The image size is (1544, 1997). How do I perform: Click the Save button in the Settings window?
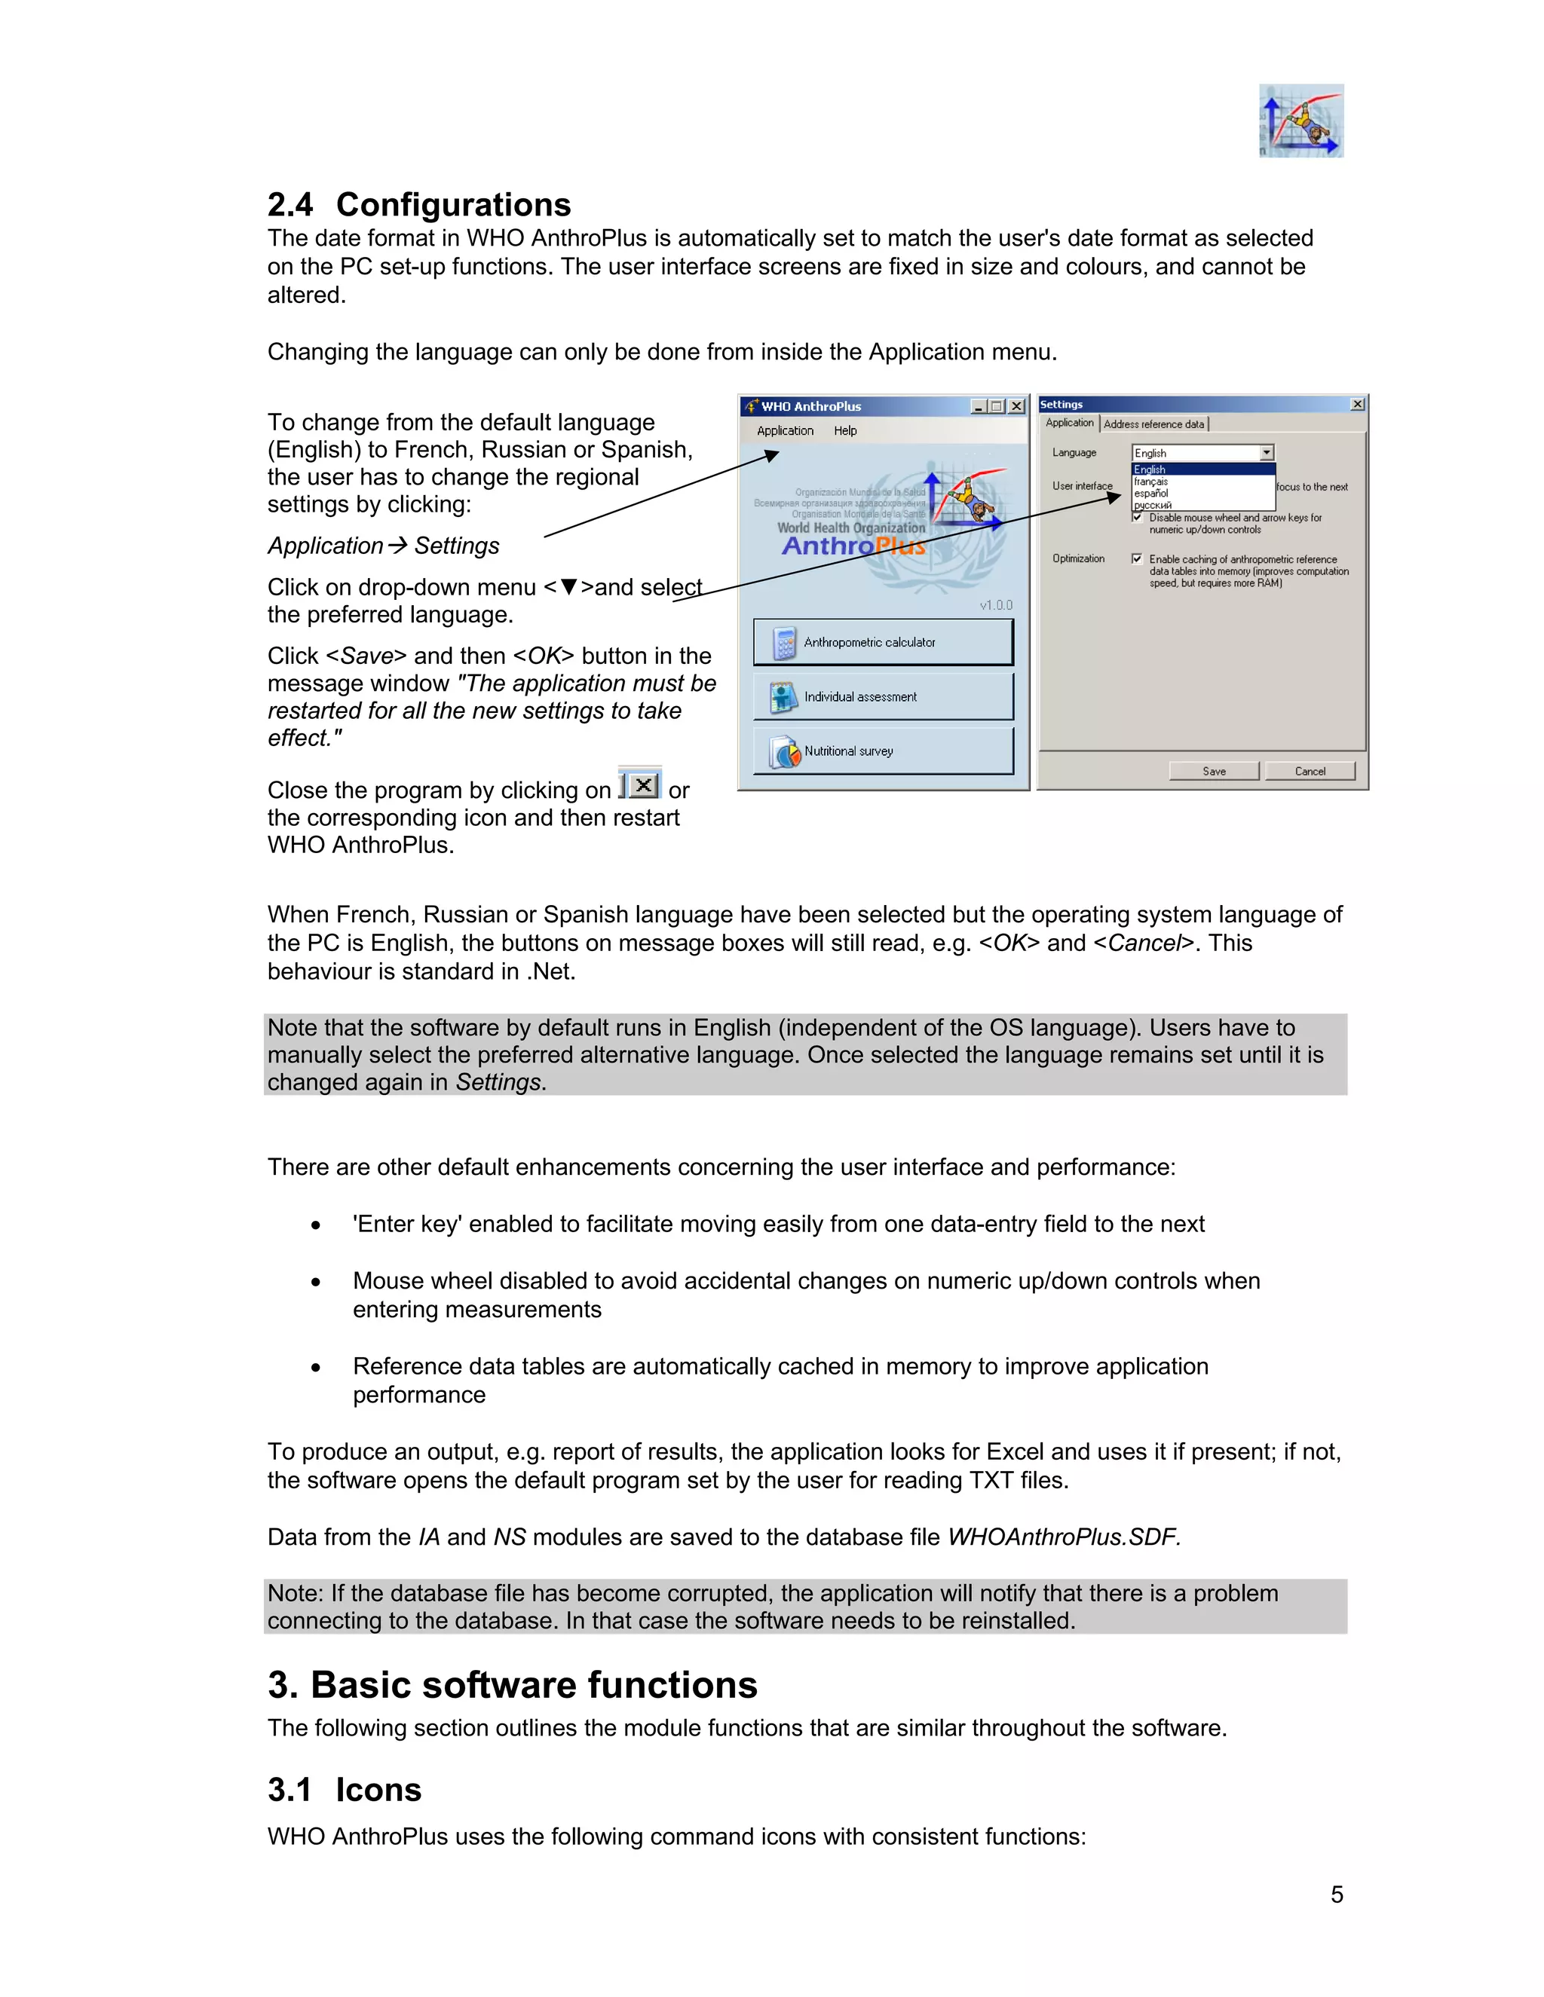click(x=1214, y=771)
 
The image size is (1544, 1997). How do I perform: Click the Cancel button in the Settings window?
click(x=1310, y=771)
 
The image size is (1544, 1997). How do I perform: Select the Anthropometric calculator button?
click(x=883, y=642)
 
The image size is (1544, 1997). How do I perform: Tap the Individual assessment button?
click(x=883, y=697)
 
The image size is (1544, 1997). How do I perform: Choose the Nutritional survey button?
click(x=883, y=751)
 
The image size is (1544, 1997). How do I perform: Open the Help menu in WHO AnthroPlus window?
click(x=845, y=430)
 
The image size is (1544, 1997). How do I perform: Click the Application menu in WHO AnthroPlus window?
click(x=785, y=430)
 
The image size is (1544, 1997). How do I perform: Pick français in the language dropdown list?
click(x=1152, y=482)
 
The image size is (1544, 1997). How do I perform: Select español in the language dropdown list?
click(x=1152, y=494)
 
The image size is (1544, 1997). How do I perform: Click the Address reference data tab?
click(x=1153, y=424)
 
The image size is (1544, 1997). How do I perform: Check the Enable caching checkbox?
click(x=1137, y=558)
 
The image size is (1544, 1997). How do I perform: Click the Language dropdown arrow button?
click(x=1267, y=453)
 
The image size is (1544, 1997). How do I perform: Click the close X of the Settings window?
click(x=1357, y=404)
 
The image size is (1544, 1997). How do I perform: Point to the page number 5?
click(x=1337, y=1895)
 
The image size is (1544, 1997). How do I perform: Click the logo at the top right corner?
click(x=1300, y=121)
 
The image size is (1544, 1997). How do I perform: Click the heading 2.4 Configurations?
click(x=419, y=204)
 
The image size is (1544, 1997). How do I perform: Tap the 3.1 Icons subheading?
click(x=345, y=1790)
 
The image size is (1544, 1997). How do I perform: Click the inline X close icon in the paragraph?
click(x=644, y=784)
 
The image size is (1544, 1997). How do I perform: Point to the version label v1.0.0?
click(x=996, y=605)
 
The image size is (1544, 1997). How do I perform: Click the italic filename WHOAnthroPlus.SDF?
click(x=1064, y=1537)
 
